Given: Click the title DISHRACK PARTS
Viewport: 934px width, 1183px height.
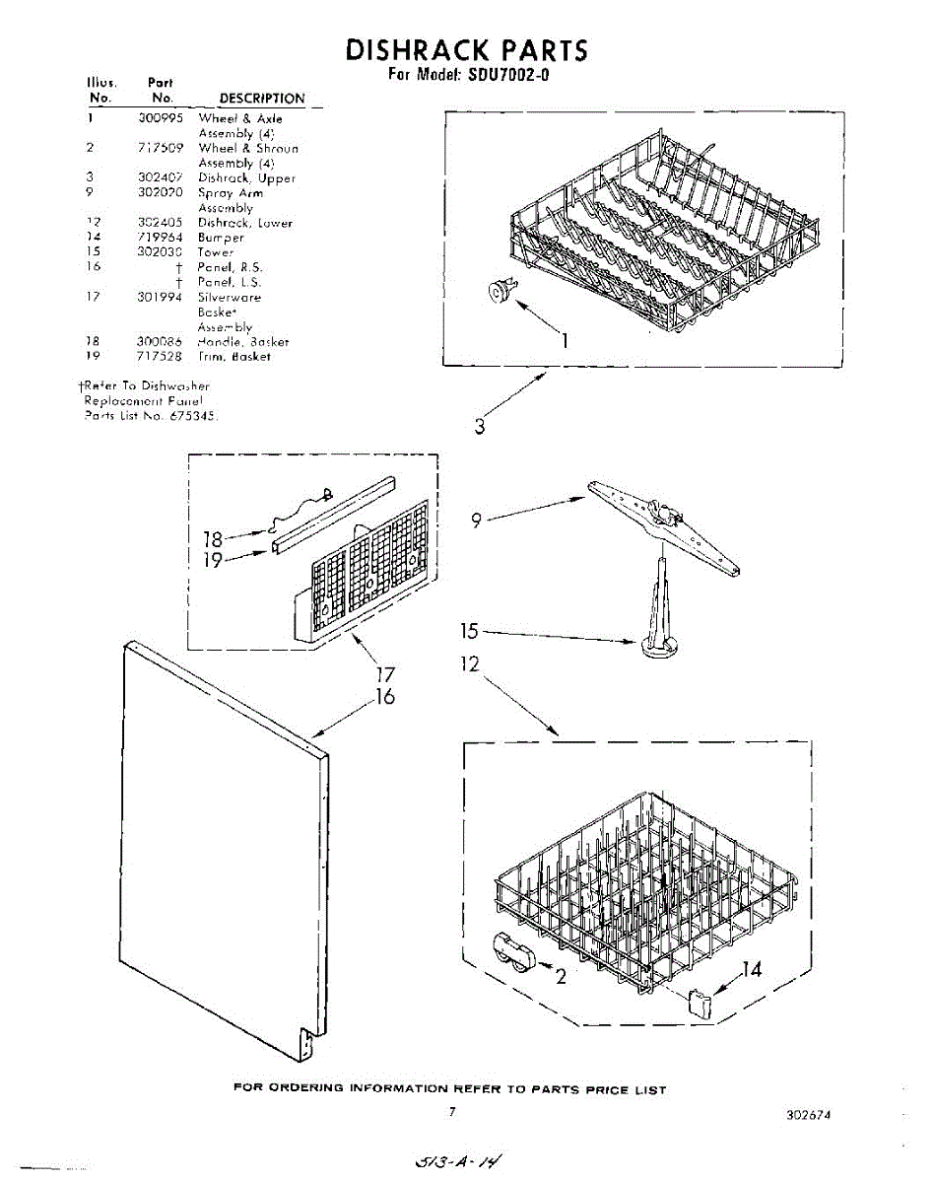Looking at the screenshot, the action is click(x=466, y=49).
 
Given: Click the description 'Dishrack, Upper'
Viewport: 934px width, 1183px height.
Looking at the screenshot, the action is click(x=246, y=178).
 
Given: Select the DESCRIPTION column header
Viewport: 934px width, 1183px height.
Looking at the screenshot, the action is click(x=262, y=99).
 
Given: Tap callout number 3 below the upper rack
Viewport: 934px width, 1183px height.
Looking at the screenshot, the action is click(x=479, y=426).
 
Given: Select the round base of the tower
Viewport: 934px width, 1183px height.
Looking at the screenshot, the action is click(x=658, y=647).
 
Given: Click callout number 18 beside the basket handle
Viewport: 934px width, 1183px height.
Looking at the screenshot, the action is click(x=214, y=539).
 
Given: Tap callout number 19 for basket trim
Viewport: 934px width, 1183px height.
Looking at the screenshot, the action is click(x=214, y=560).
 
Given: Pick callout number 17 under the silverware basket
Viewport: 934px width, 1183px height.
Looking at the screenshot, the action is click(x=384, y=675).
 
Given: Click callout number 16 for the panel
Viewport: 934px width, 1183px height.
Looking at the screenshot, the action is click(x=384, y=697).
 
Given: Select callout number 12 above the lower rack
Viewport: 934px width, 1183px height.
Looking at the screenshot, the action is click(x=469, y=664).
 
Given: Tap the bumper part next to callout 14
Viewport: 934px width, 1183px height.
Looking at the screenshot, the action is click(x=699, y=1003).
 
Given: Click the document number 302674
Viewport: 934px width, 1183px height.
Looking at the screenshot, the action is click(x=809, y=1115).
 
